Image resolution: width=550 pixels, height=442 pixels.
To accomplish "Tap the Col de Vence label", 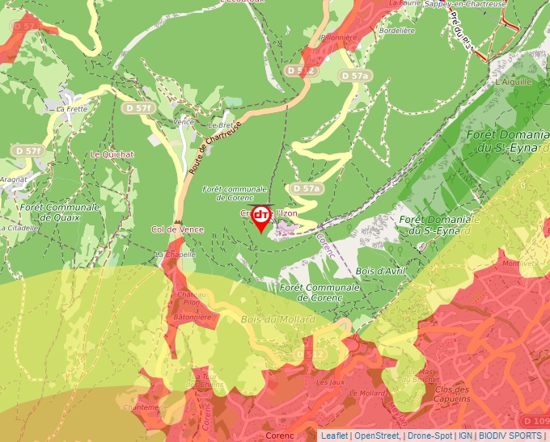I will (177, 229).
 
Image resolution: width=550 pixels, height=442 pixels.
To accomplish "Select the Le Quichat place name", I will (112, 154).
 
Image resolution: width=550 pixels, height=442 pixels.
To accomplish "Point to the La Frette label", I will (71, 108).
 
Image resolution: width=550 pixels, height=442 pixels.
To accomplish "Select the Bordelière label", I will (396, 31).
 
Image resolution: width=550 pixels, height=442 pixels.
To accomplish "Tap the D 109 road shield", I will (535, 421).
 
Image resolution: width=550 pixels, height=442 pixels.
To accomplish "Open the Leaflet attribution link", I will (334, 436).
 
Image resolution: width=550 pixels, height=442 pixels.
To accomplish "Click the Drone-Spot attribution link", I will (431, 436).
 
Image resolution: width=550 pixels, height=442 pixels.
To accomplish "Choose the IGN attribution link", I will (466, 436).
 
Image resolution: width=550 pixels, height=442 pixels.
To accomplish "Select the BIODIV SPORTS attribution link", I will (511, 436).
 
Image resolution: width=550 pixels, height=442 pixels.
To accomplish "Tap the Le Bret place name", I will (220, 125).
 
